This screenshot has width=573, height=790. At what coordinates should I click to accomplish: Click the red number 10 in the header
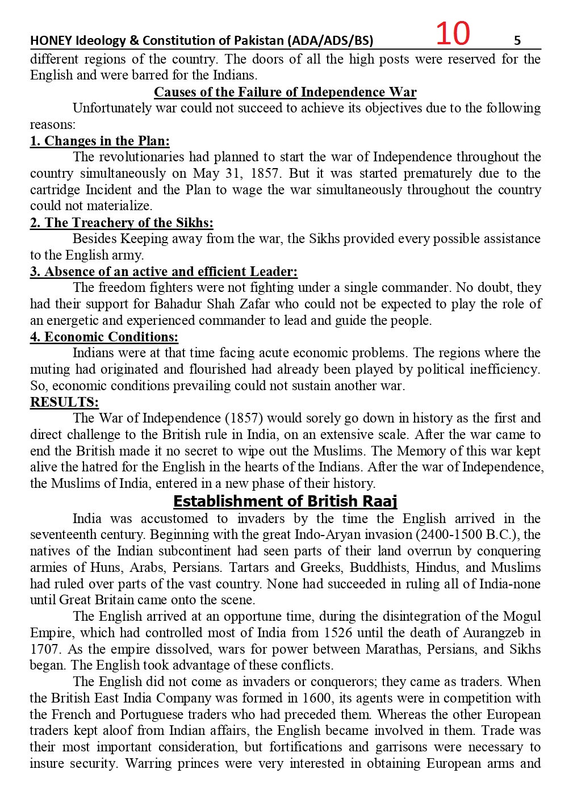point(453,34)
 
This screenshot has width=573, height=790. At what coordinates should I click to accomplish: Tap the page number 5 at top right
point(517,40)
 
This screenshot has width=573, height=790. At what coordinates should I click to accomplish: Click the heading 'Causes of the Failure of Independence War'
point(285,92)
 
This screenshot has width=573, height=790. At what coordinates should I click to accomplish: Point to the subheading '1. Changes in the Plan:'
point(99,141)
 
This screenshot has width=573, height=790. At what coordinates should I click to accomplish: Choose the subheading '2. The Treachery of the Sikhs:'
point(122,223)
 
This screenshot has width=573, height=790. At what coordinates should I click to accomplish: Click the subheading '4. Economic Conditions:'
point(104,337)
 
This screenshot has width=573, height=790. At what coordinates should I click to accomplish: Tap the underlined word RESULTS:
point(64,402)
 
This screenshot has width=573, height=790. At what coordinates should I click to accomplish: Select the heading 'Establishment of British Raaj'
point(285,501)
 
